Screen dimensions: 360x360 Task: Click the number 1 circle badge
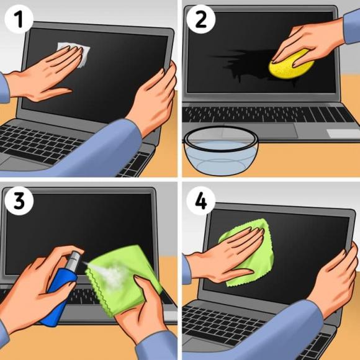(19, 19)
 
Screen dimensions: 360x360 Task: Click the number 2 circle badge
(200, 19)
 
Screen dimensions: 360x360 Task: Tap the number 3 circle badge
(19, 201)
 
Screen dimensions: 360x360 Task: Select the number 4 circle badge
(200, 201)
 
